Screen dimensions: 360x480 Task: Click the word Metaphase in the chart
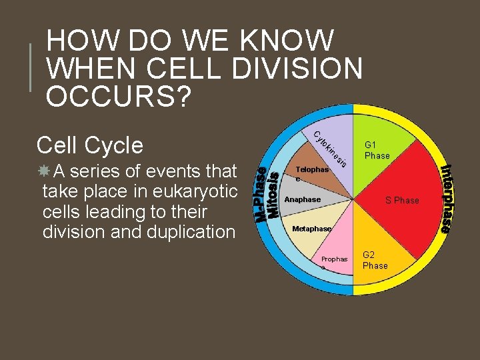click(311, 229)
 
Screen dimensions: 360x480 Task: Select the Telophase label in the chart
click(311, 171)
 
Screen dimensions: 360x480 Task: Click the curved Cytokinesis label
click(329, 147)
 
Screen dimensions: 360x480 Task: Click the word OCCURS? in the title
click(119, 96)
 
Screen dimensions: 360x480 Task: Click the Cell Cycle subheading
click(90, 145)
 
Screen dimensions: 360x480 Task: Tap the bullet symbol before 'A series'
click(45, 171)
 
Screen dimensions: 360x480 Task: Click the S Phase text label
click(403, 200)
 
